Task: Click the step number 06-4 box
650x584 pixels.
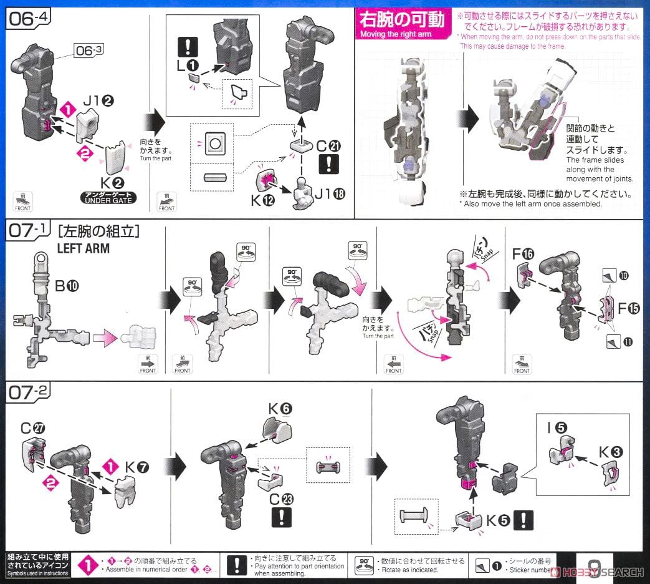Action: click(29, 18)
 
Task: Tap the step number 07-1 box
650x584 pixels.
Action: click(29, 231)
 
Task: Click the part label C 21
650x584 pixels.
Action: click(327, 146)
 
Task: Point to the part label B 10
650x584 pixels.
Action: click(67, 286)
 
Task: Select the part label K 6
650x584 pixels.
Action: click(280, 409)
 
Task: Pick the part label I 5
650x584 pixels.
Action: click(557, 428)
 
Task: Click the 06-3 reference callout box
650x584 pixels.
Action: click(91, 49)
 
